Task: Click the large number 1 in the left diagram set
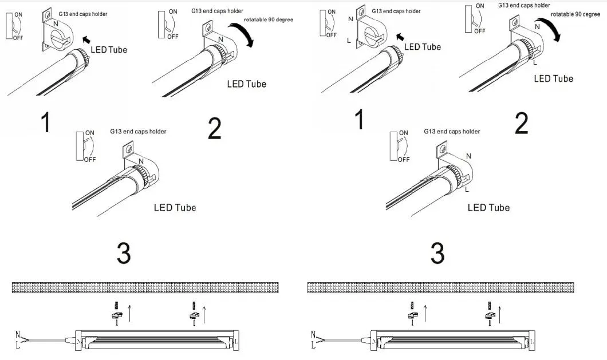coord(46,122)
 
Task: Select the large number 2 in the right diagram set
coord(521,124)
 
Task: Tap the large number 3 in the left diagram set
coord(124,254)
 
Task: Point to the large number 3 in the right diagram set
coord(437,254)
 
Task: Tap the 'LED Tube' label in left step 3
coord(175,207)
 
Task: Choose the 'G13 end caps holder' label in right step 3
coord(452,132)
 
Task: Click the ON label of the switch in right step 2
coord(479,6)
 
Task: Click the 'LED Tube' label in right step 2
coord(553,78)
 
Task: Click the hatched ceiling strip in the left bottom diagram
coord(145,287)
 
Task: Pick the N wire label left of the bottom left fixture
coord(18,334)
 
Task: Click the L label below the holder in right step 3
coord(467,189)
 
